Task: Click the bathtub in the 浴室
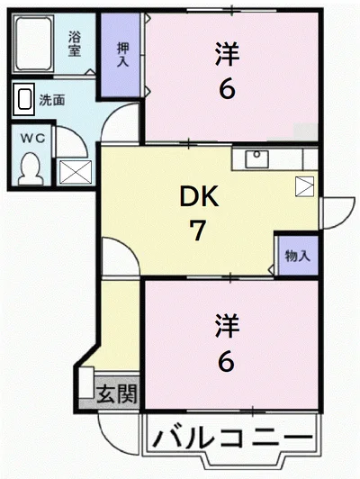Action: pos(32,44)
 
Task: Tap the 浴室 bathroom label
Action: pos(74,44)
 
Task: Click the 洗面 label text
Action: pos(52,100)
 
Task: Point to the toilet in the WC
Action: pos(30,168)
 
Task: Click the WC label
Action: pos(32,139)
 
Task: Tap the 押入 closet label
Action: pos(123,54)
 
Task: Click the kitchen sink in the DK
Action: pos(257,158)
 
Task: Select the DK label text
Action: pos(199,197)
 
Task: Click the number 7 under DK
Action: pos(198,230)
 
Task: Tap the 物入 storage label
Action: pos(298,256)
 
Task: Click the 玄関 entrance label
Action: pos(117,393)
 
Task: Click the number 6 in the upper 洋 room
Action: pos(227,90)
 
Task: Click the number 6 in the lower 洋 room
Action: pos(226,362)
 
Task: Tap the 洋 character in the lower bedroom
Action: pos(227,326)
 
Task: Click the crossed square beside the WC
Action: pos(76,172)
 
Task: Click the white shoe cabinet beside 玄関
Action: pos(86,383)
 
